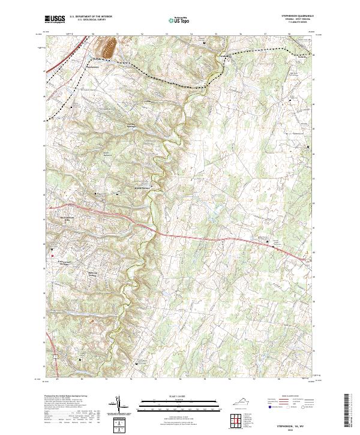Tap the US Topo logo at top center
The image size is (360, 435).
click(179, 20)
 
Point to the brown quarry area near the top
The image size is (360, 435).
click(111, 48)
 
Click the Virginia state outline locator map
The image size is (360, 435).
click(244, 403)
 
